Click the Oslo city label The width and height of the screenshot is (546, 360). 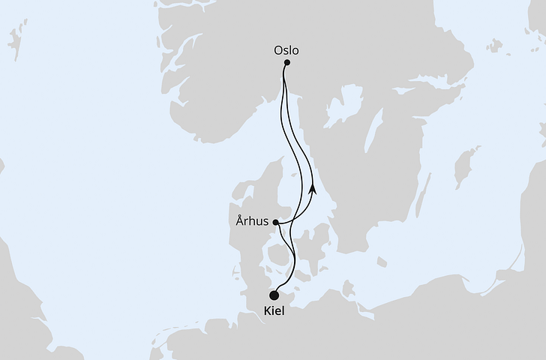pos(286,51)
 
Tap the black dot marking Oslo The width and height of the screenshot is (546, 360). pos(287,63)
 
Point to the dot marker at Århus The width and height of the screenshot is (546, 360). pos(276,223)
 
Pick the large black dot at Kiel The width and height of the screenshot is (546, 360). pos(274,295)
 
